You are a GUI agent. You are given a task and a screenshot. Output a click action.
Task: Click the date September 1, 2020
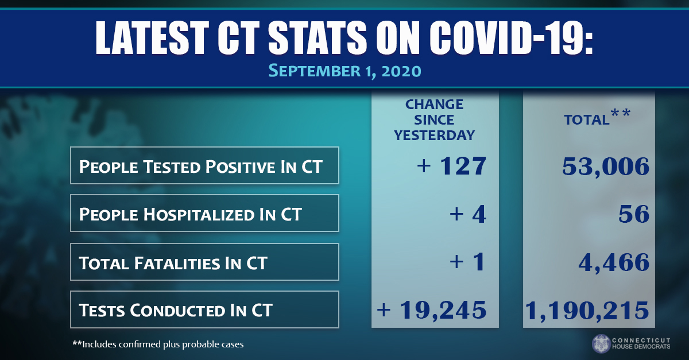coord(344,71)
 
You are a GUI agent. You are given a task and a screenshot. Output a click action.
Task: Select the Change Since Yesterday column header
coord(435,120)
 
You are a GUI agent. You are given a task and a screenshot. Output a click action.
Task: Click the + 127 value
coord(452,166)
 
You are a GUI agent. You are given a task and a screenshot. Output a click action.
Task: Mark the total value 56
coord(634,214)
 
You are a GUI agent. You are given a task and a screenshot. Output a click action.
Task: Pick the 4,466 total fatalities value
coord(613,262)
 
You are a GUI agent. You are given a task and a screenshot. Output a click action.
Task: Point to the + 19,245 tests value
coord(432,310)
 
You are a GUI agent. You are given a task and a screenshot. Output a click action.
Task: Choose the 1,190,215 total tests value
coord(587,310)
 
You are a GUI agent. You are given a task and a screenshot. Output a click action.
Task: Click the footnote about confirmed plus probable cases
coord(158,344)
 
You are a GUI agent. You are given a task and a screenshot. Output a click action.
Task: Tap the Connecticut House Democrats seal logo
coord(601,343)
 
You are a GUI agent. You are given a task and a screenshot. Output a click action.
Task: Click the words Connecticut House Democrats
coord(646,343)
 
